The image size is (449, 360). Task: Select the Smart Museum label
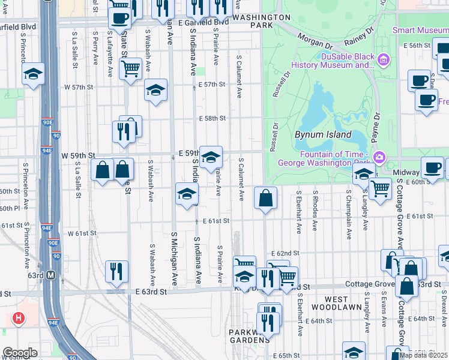coord(420,30)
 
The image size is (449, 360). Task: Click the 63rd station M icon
coord(51,275)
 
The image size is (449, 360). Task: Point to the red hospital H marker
coord(19,317)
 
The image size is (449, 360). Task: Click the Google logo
coord(20,353)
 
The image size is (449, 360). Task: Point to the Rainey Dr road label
coord(360,36)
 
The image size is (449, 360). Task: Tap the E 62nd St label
coord(285,254)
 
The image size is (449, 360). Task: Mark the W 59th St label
coord(78,155)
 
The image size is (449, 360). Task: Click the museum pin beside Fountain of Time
coord(379,158)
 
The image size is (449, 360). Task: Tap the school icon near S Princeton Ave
coord(33,74)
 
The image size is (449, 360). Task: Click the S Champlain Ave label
coord(348,211)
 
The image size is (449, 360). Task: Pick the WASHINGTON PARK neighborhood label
coord(261,22)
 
